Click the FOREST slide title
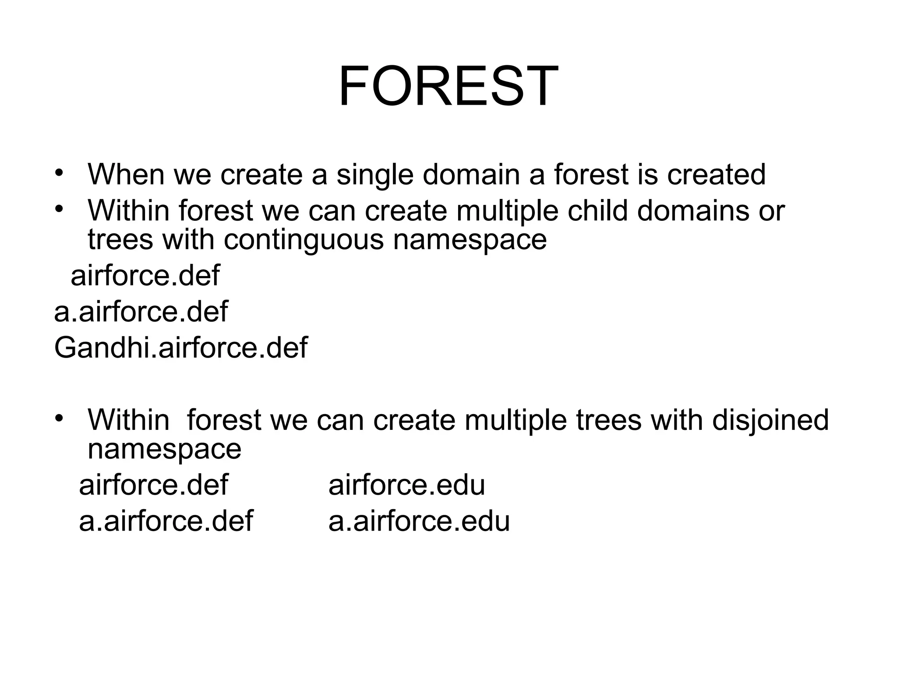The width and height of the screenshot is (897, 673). pyautogui.click(x=448, y=86)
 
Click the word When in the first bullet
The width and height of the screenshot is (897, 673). pyautogui.click(x=125, y=174)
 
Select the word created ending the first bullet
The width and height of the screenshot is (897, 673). pyautogui.click(x=716, y=174)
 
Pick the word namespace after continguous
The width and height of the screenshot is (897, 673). pyautogui.click(x=470, y=240)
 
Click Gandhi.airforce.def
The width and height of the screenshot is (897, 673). pyautogui.click(x=180, y=347)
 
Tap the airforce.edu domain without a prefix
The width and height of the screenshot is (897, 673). pyautogui.click(x=406, y=485)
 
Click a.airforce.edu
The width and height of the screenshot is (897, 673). pyautogui.click(x=419, y=521)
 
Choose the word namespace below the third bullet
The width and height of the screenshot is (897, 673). pyautogui.click(x=164, y=449)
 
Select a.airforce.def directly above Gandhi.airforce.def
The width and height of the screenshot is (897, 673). pyautogui.click(x=141, y=312)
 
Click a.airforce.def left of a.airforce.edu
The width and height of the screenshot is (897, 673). pyautogui.click(x=166, y=521)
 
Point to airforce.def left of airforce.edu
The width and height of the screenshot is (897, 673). pyautogui.click(x=153, y=485)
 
